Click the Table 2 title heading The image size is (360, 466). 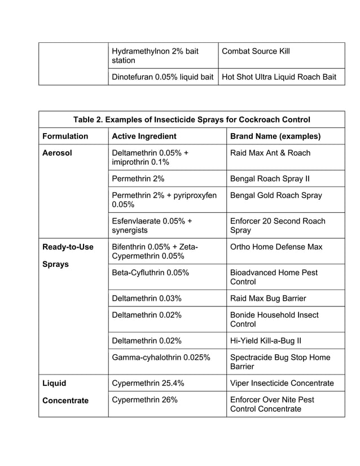click(x=191, y=120)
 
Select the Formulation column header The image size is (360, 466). click(x=65, y=136)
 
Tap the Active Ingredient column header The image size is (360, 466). click(x=144, y=136)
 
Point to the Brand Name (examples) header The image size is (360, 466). click(x=275, y=136)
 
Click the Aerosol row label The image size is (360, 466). click(x=57, y=153)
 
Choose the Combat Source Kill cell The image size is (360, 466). click(x=256, y=51)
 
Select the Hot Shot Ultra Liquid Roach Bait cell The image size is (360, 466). click(x=282, y=77)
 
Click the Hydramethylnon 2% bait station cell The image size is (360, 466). click(x=155, y=56)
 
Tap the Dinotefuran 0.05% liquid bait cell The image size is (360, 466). click(x=163, y=77)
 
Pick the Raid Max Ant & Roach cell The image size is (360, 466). click(x=270, y=153)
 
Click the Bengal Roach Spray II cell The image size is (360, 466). click(x=270, y=179)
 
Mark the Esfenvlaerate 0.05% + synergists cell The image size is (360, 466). click(x=152, y=226)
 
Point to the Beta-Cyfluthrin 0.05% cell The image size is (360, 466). click(x=150, y=272)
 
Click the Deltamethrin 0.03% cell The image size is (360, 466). click(x=147, y=298)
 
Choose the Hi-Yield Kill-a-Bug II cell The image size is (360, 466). click(x=266, y=341)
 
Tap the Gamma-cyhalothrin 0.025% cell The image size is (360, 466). click(x=161, y=357)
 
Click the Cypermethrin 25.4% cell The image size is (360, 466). click(x=148, y=383)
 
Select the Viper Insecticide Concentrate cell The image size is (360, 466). click(x=282, y=383)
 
